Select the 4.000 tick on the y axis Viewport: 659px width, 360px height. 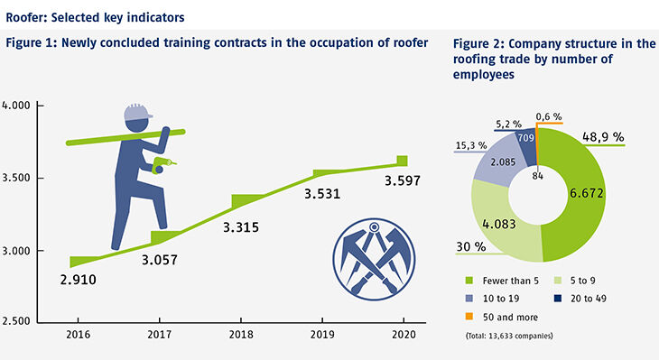coord(17,106)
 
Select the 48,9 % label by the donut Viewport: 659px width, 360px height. coord(605,136)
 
